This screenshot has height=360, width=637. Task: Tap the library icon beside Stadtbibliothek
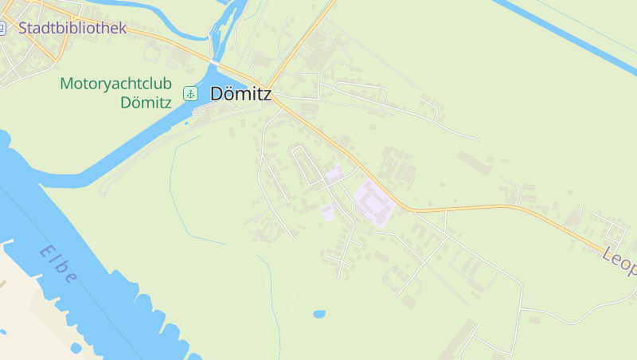[x=2, y=28]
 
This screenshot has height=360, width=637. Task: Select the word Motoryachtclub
[x=115, y=84]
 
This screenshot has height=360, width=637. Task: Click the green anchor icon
[x=190, y=94]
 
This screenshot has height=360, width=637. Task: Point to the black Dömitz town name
[x=240, y=94]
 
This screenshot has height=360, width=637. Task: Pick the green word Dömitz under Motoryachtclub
[x=146, y=102]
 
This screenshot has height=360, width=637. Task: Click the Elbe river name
[x=59, y=264]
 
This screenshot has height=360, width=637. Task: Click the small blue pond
[x=319, y=314]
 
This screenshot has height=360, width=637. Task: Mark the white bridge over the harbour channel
[x=216, y=62]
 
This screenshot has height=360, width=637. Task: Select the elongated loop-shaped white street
[x=305, y=163]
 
